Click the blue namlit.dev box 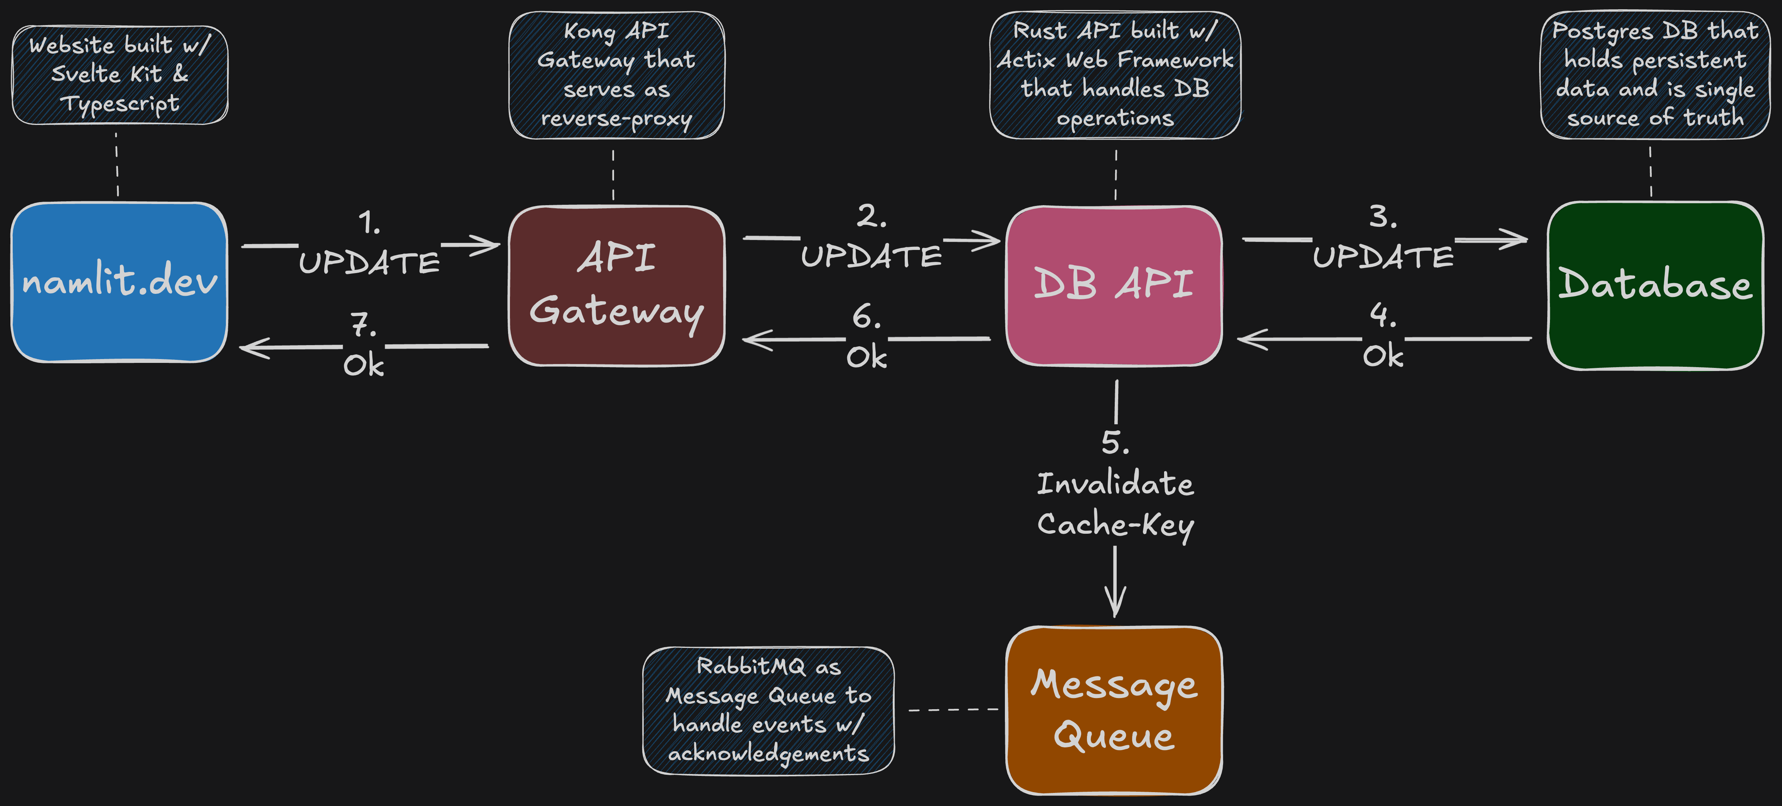[x=119, y=282]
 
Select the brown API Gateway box [x=616, y=286]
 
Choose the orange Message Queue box [x=1114, y=710]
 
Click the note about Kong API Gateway [x=616, y=75]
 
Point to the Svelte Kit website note [x=119, y=75]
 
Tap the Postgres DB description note [x=1655, y=75]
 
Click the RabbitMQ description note [x=768, y=710]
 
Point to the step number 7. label [x=363, y=324]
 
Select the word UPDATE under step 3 [x=1383, y=257]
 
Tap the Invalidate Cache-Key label [x=1115, y=504]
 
